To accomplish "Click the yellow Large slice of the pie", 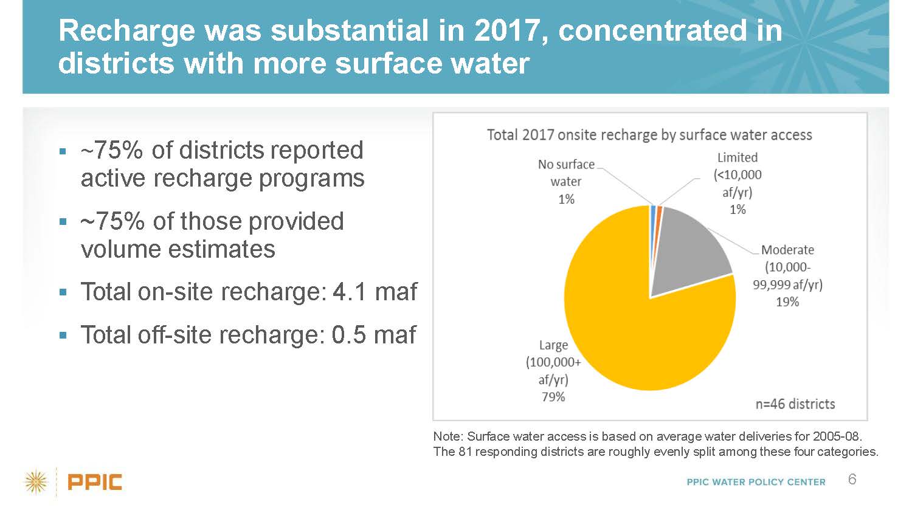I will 626,322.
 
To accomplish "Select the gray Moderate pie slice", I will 687,249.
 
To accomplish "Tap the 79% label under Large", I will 553,397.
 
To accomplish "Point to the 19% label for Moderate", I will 787,301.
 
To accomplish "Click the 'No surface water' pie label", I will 566,173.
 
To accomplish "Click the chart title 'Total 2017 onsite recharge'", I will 649,135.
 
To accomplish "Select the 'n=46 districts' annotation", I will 795,404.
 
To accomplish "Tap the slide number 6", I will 852,480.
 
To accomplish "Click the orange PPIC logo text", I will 95,483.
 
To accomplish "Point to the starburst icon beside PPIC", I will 36,482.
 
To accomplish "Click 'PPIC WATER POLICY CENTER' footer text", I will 756,482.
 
